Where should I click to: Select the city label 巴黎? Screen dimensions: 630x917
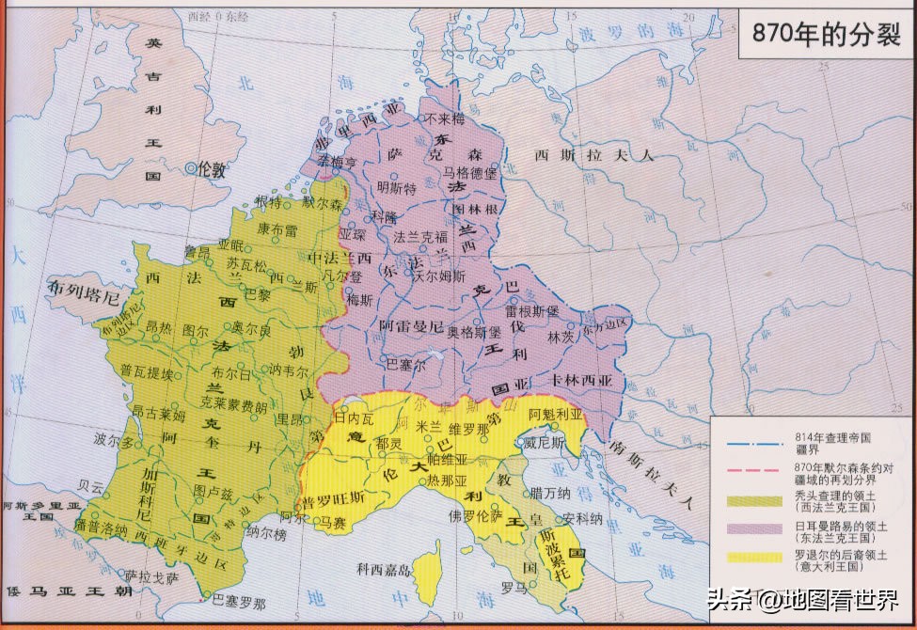coord(257,293)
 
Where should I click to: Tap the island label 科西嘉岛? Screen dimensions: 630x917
coord(383,569)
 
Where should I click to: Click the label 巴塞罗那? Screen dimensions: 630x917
coord(239,602)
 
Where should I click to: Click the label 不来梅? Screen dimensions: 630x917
coord(444,119)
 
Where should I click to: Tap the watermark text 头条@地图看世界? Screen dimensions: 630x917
coord(799,599)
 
